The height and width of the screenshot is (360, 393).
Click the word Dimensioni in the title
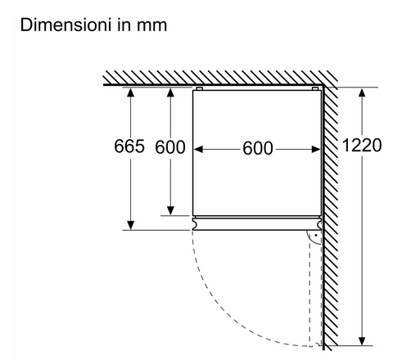[x=65, y=25]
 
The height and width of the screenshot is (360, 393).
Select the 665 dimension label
[x=129, y=146]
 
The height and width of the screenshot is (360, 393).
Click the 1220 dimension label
[x=362, y=145]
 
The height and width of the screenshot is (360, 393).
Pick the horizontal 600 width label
[x=258, y=148]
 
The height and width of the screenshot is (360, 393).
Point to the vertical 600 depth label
[x=170, y=147]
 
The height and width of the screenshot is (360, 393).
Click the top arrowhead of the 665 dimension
[x=131, y=92]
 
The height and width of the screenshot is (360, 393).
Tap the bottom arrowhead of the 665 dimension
[x=131, y=225]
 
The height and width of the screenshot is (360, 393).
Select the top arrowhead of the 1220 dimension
[x=362, y=92]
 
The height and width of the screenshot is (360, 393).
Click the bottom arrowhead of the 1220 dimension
[x=362, y=341]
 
